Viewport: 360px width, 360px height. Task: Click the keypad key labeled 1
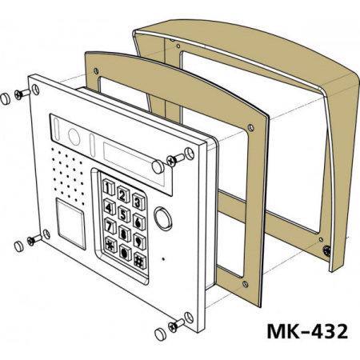(109, 188)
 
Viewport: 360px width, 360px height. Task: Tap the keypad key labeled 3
(139, 202)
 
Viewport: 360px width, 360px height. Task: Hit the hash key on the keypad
(140, 260)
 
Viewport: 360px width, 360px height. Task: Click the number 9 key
(139, 241)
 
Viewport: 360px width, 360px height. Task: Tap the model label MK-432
(307, 331)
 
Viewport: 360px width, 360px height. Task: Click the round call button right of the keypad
(163, 218)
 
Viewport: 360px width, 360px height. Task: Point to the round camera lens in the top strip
(74, 137)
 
